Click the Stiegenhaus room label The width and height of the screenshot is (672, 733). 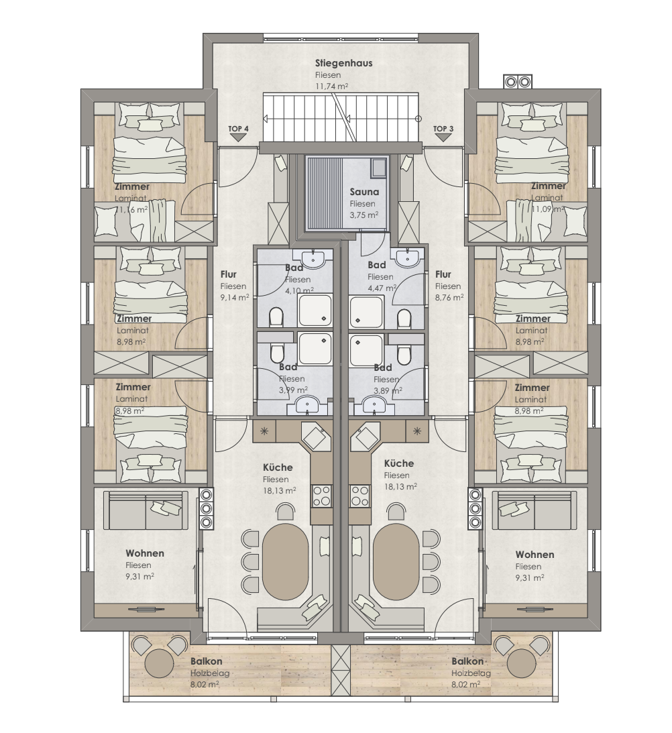344,63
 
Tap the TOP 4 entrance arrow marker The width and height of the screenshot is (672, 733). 239,137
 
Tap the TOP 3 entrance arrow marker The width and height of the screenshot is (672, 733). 443,137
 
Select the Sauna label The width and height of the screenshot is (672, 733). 364,192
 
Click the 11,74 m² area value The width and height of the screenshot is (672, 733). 331,87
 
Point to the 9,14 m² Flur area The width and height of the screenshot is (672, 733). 235,297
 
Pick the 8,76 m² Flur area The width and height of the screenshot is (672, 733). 449,297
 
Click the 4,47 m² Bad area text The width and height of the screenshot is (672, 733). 382,288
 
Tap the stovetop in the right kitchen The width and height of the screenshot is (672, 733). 360,496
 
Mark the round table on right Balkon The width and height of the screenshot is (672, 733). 521,662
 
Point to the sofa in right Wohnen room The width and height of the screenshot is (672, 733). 535,510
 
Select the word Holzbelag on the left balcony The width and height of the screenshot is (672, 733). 210,673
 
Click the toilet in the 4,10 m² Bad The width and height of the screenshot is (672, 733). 276,317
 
